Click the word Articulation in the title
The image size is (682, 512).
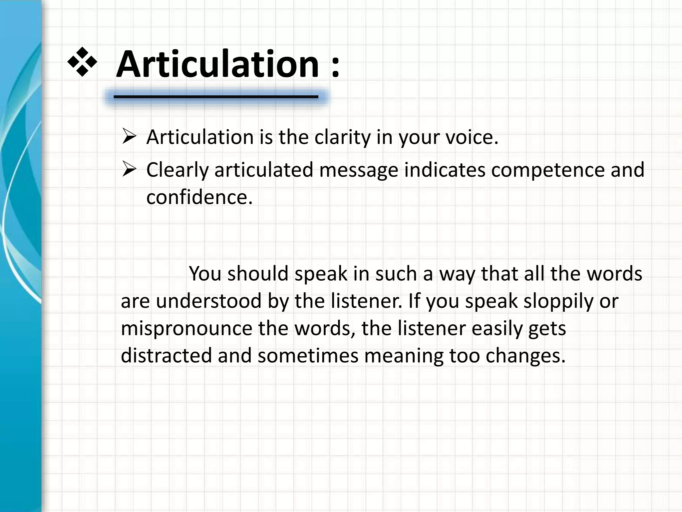click(218, 64)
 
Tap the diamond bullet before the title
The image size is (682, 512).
click(82, 61)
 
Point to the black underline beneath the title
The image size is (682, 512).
click(216, 97)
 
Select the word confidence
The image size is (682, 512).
click(199, 197)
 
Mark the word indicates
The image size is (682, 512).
click(445, 170)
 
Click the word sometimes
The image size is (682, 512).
click(308, 355)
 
